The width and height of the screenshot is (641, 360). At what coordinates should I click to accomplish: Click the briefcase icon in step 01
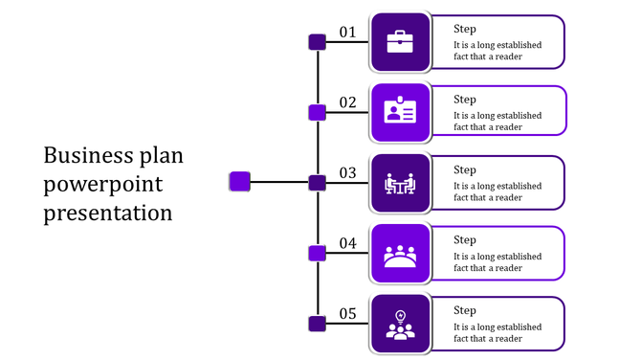pyautogui.click(x=400, y=41)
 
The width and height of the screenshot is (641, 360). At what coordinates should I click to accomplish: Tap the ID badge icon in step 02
pyautogui.click(x=400, y=112)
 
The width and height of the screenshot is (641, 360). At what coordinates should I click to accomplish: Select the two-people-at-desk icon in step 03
pyautogui.click(x=400, y=183)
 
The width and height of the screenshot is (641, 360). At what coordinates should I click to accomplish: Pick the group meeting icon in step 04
pyautogui.click(x=400, y=254)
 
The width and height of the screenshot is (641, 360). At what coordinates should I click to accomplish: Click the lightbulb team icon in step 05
pyautogui.click(x=400, y=325)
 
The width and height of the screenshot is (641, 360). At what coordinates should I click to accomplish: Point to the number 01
pyautogui.click(x=347, y=32)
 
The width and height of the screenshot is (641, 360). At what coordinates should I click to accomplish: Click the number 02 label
pyautogui.click(x=347, y=102)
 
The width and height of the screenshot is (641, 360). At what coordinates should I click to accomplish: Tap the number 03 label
pyautogui.click(x=347, y=173)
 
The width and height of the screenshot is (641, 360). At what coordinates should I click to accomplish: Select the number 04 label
pyautogui.click(x=347, y=243)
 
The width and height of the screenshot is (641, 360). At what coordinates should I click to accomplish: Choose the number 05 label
pyautogui.click(x=347, y=314)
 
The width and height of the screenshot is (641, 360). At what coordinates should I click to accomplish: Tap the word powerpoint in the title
pyautogui.click(x=103, y=184)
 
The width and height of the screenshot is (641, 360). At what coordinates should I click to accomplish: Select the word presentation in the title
pyautogui.click(x=108, y=212)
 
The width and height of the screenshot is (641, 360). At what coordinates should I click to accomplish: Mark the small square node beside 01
pyautogui.click(x=317, y=42)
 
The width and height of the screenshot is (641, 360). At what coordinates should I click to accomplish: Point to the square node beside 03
pyautogui.click(x=317, y=183)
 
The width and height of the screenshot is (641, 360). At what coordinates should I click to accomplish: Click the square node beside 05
pyautogui.click(x=317, y=324)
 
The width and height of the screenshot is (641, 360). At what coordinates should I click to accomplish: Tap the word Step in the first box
pyautogui.click(x=465, y=29)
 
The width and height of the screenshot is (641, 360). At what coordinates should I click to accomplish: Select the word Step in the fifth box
pyautogui.click(x=465, y=310)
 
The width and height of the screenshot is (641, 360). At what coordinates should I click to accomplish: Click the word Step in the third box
pyautogui.click(x=465, y=169)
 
